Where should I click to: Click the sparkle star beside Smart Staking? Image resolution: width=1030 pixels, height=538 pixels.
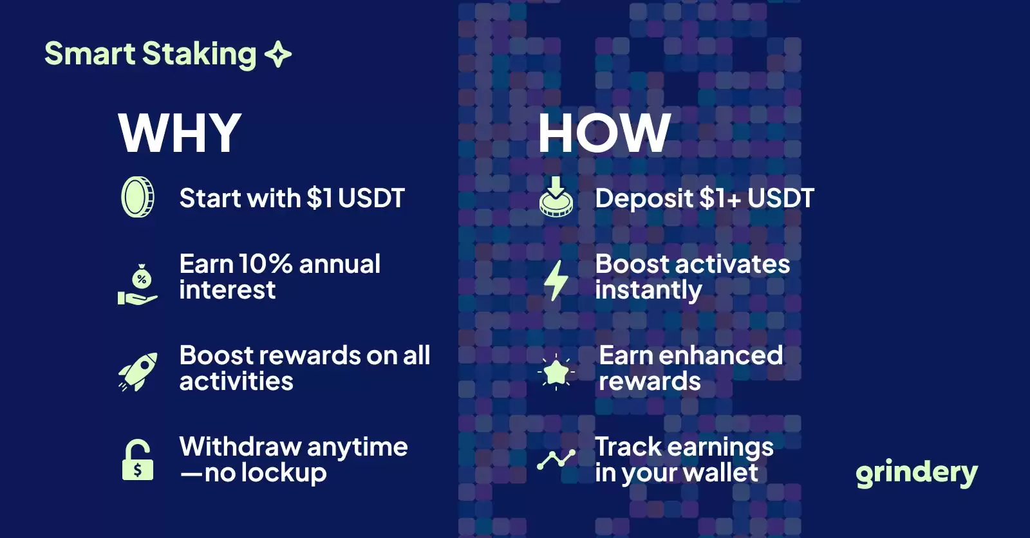pos(278,54)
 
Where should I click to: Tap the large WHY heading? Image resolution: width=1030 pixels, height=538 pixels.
pos(180,133)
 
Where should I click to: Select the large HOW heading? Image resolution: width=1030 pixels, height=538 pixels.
pos(604,133)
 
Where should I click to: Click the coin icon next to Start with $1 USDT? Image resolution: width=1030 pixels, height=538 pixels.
pos(138,198)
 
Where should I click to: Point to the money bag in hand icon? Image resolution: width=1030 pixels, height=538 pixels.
pos(138,284)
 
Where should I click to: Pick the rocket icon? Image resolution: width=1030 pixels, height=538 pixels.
pos(138,372)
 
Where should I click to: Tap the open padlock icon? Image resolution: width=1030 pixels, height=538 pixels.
pos(138,460)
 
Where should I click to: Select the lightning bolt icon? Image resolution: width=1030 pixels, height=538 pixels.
pos(556,281)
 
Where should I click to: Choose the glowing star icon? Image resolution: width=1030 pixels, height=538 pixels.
pos(556,372)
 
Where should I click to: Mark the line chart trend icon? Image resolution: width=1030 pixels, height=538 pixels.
pos(556,459)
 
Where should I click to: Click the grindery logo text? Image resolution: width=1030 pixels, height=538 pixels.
pos(917,473)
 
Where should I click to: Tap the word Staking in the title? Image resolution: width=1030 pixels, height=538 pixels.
pos(199,55)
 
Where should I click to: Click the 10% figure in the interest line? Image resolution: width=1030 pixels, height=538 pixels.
pos(265,264)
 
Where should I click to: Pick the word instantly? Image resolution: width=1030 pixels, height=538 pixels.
pos(648,291)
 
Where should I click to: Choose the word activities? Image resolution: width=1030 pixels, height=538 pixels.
pos(236,381)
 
